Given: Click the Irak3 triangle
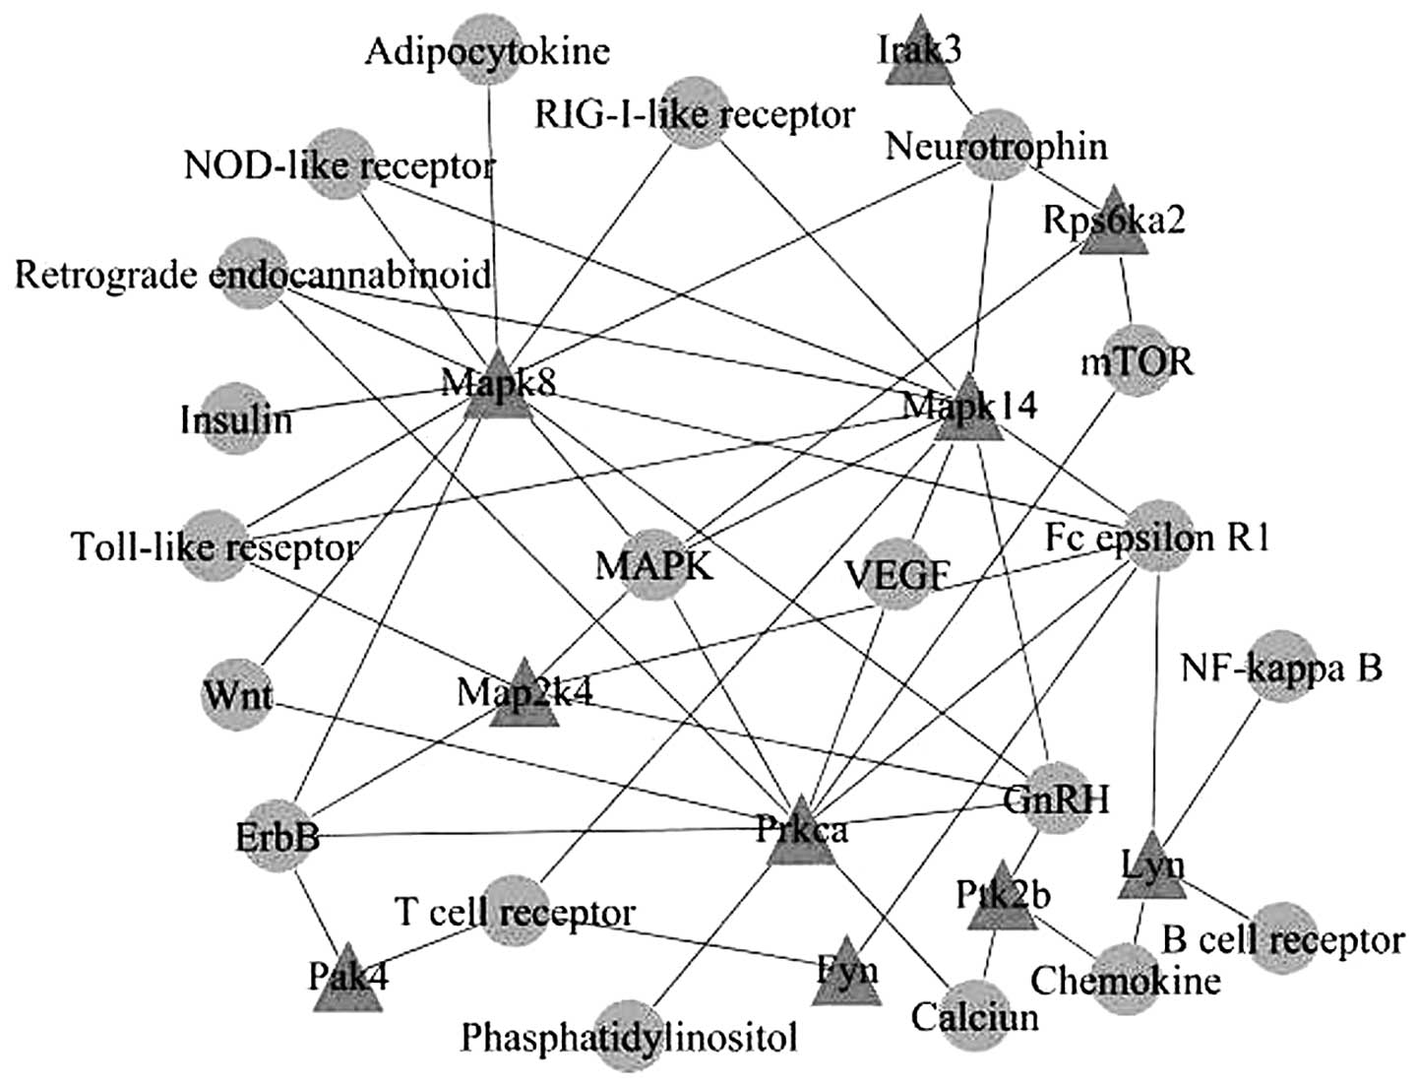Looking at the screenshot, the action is [918, 54].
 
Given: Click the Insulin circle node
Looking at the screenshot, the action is [236, 417].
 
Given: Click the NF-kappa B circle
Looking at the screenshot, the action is [1280, 667].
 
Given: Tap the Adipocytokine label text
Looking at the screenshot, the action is [487, 50].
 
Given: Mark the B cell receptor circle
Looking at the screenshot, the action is [1282, 937].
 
